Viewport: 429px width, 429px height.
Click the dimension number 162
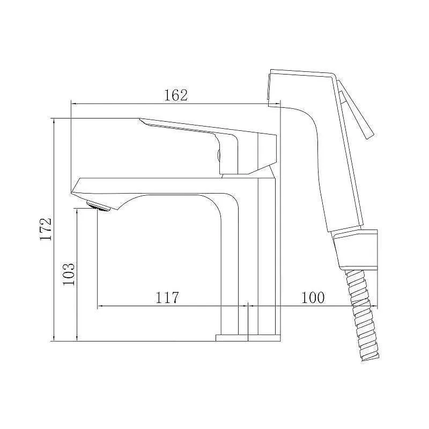point(176,95)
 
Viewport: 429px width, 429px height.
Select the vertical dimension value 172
point(46,230)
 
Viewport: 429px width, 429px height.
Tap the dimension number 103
point(69,274)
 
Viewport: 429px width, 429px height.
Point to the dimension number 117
point(167,298)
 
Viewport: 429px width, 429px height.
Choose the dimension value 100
point(313,298)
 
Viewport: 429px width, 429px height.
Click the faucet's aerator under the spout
point(98,205)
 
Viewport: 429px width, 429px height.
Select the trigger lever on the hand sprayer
point(356,109)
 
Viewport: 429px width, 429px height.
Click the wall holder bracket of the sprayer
point(356,249)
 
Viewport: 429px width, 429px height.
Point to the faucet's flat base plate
point(248,338)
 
